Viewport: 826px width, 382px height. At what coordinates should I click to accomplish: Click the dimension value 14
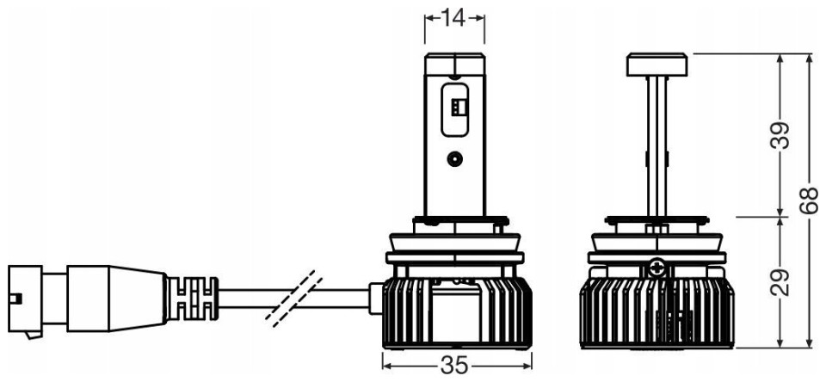tap(453, 18)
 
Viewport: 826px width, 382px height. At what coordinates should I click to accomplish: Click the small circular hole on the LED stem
tap(454, 158)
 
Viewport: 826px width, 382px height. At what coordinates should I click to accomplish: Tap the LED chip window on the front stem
tap(454, 110)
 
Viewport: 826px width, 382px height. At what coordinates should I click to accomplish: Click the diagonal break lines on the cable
tap(294, 298)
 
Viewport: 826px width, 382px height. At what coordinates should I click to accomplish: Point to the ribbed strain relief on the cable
tap(193, 299)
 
